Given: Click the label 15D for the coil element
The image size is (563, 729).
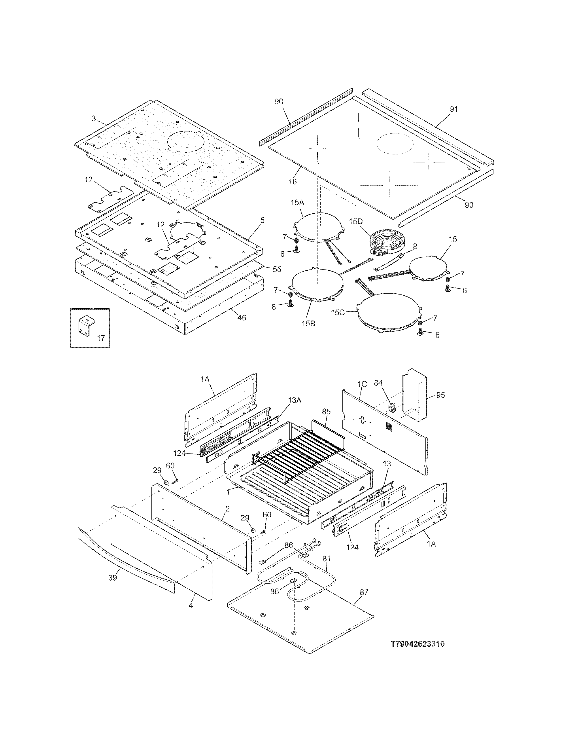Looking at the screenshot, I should [355, 221].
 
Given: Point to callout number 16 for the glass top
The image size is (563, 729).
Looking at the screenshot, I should [293, 182].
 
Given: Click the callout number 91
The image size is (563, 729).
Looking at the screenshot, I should [454, 109].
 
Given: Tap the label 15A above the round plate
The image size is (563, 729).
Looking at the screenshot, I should [297, 203].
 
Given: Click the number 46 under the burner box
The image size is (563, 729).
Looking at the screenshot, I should [242, 318].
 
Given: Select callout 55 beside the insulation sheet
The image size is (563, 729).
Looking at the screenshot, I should [277, 269].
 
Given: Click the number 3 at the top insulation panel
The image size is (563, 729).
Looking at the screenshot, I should [94, 118].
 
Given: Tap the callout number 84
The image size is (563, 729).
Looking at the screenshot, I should [378, 383].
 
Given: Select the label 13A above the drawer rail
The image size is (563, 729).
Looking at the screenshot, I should [295, 400].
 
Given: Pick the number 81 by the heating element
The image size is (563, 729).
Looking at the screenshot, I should [327, 558].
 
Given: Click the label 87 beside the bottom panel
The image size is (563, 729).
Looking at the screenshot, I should [364, 592].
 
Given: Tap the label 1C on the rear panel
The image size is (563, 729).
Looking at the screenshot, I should [362, 384].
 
